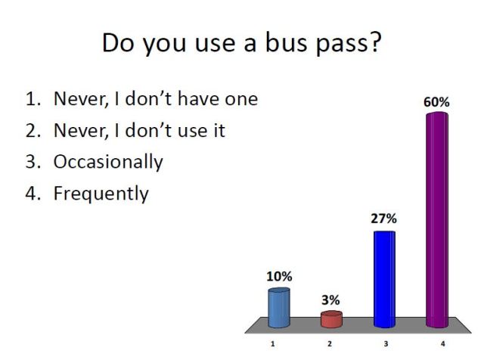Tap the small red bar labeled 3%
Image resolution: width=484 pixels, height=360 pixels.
tap(331, 318)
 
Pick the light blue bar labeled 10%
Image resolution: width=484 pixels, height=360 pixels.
tap(278, 308)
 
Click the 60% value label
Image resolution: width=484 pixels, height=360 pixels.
tap(437, 101)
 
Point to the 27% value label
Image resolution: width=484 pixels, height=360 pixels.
tap(383, 219)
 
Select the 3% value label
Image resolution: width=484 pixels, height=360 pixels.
tap(330, 299)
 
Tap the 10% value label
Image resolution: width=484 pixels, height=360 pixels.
tap(278, 276)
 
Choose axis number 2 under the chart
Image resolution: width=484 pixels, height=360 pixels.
tap(330, 344)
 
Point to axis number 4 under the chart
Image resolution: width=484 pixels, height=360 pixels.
tap(443, 344)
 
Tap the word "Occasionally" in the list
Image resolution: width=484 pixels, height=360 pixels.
tap(107, 162)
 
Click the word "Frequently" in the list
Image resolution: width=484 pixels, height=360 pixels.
tap(101, 194)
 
